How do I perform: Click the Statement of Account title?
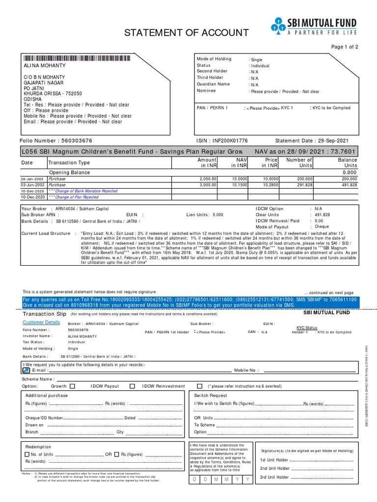pyautogui.click(x=186, y=33)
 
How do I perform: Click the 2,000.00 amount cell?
pyautogui.click(x=207, y=179)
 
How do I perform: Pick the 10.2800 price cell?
pyautogui.click(x=269, y=185)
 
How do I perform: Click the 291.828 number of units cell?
pyautogui.click(x=302, y=185)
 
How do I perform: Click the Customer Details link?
pyautogui.click(x=41, y=323)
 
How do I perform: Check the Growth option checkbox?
pyautogui.click(x=73, y=386)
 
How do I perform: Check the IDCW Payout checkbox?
pyautogui.click(x=132, y=386)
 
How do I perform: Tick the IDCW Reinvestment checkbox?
pyautogui.click(x=199, y=386)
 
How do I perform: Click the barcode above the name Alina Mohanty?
pyautogui.click(x=77, y=58)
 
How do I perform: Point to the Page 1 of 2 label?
pyautogui.click(x=345, y=47)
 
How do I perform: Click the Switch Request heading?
pyautogui.click(x=211, y=395)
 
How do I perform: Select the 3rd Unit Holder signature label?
pyautogui.click(x=274, y=477)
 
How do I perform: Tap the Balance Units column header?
pyautogui.click(x=348, y=163)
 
